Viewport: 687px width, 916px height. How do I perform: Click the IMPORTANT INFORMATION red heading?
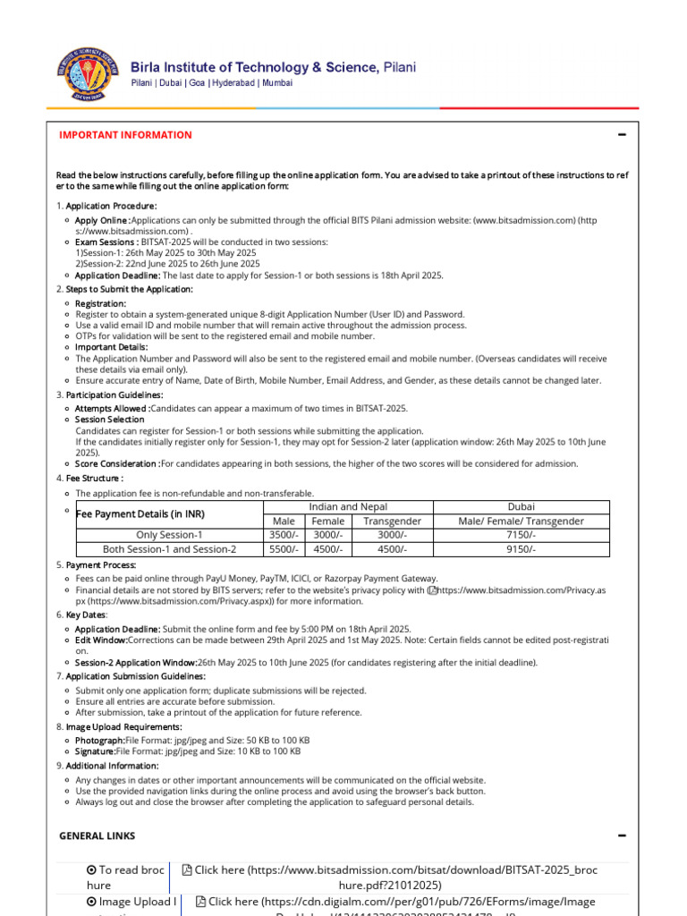coord(125,135)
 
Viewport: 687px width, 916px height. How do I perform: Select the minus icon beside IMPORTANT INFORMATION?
coord(622,135)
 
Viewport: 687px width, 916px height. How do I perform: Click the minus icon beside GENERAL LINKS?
coord(622,835)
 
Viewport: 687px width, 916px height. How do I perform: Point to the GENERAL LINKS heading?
coord(98,835)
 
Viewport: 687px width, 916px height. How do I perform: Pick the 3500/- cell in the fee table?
coord(283,535)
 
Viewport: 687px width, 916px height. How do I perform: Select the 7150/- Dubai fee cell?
coord(521,535)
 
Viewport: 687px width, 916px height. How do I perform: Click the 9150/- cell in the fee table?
coord(521,549)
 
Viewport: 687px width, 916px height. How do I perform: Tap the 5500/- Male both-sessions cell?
coord(283,549)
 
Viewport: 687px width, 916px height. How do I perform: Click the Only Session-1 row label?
coord(169,535)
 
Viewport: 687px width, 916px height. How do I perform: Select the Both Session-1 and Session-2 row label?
coord(169,549)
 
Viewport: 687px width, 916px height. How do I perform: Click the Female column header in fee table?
coord(327,521)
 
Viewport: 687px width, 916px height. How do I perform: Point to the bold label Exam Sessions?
coord(106,242)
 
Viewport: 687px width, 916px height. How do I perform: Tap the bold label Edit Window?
coord(101,640)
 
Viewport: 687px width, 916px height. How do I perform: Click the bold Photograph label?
coord(100,741)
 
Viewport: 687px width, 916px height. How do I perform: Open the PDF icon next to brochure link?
coord(187,870)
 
